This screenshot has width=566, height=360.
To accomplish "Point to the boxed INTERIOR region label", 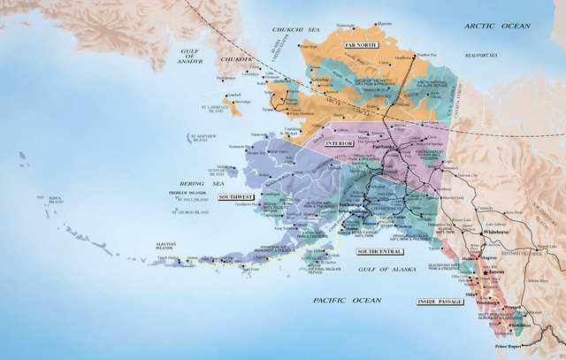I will (x=339, y=142).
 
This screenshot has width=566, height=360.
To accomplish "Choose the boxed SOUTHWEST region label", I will (x=236, y=196).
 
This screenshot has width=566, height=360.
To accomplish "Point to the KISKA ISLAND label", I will (x=56, y=202).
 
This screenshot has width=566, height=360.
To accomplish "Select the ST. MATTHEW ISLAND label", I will (x=203, y=137).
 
